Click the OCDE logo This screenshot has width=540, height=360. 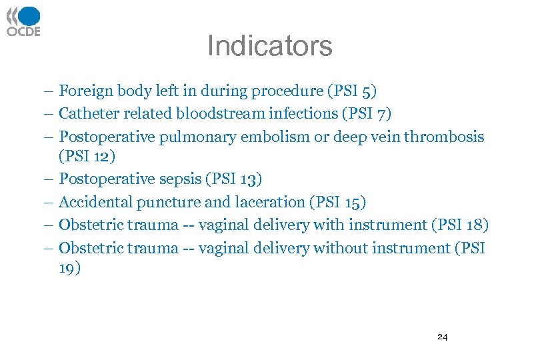23,21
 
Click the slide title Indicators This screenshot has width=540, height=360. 269,46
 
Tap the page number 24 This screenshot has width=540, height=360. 442,337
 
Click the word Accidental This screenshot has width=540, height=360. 95,202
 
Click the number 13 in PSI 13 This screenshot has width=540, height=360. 248,179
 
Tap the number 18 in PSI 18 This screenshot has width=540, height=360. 471,225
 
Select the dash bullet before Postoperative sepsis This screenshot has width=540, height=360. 51,179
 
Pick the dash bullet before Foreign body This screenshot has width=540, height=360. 51,91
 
